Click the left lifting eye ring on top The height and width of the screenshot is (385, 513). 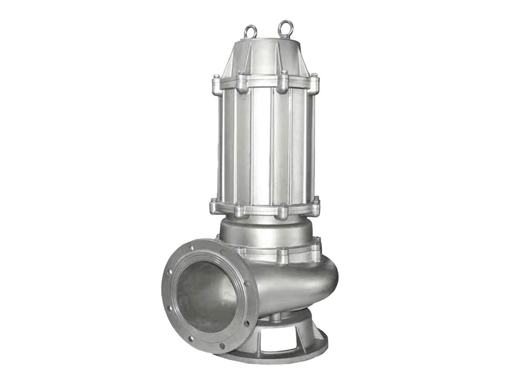[x=251, y=31]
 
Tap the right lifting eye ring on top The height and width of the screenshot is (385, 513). [x=284, y=29]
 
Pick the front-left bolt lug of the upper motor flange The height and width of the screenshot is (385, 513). [x=242, y=83]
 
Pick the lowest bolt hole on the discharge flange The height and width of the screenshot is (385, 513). [x=222, y=345]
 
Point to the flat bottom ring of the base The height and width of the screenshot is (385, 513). [x=274, y=357]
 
